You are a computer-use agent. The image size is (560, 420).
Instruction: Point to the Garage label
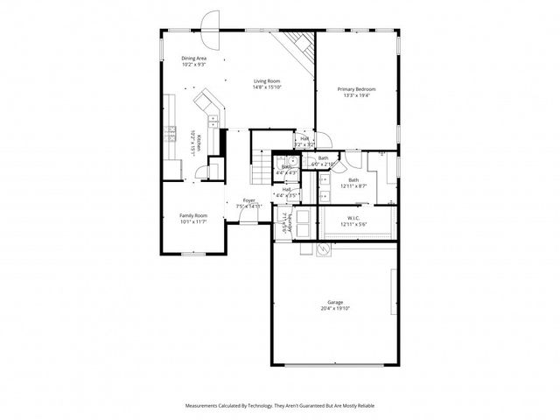click(x=335, y=302)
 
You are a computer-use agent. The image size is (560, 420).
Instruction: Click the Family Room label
click(x=193, y=215)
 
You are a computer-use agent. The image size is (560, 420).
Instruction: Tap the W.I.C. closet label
click(x=353, y=219)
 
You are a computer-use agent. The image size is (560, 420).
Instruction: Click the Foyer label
click(x=249, y=200)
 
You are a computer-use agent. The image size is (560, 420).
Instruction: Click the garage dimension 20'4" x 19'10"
click(x=335, y=309)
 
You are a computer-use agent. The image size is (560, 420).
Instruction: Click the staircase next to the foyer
click(x=260, y=166)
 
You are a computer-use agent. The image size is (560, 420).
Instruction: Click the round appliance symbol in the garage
click(x=323, y=249)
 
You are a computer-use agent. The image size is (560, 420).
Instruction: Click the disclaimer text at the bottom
click(x=280, y=406)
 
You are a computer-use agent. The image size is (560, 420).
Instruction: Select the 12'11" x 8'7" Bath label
click(x=353, y=182)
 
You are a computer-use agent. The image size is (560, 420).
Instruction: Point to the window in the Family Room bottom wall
click(x=193, y=254)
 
